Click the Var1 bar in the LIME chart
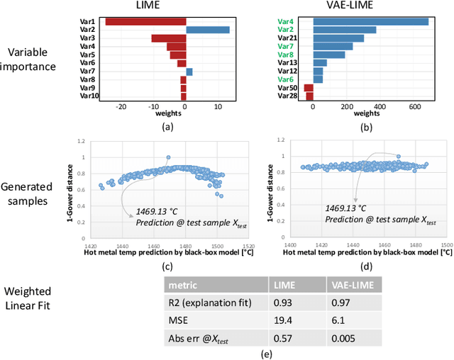point(145,22)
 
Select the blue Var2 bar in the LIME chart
point(207,30)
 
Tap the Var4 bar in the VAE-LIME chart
point(370,22)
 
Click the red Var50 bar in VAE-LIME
point(309,88)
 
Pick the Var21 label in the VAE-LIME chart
point(288,38)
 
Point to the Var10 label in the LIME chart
point(89,96)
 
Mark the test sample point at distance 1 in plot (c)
point(168,157)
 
